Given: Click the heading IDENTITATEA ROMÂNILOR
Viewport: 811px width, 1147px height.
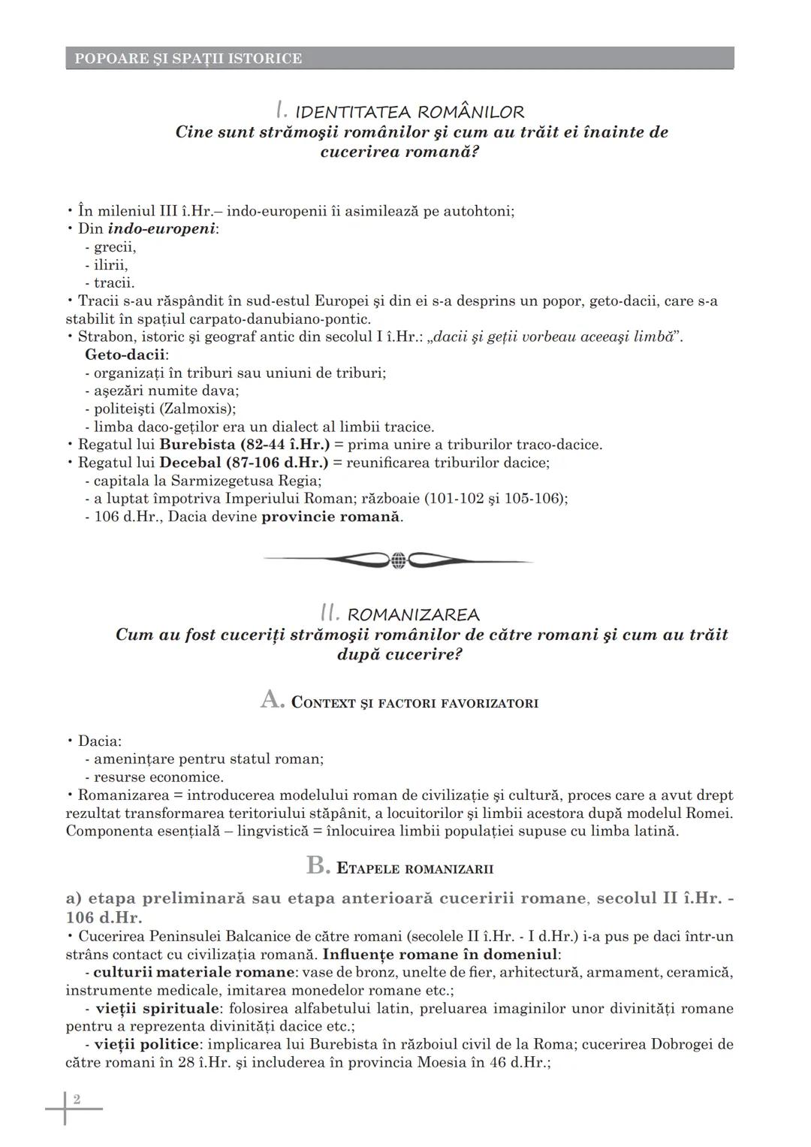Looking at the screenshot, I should pos(409,113).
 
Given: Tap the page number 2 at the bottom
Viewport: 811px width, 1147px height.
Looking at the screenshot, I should pos(77,1100).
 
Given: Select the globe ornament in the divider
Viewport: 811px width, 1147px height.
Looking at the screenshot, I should pos(398,560).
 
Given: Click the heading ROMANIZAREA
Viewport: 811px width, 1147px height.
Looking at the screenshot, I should pos(413,615).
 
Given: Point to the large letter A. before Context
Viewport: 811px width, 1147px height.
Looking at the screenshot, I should pos(272,700).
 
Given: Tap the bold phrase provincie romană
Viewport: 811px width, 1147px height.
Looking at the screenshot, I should pos(330,517).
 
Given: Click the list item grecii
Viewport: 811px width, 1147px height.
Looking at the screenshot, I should pos(114,247).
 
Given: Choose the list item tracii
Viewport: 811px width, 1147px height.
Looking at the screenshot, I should pos(113,283).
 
